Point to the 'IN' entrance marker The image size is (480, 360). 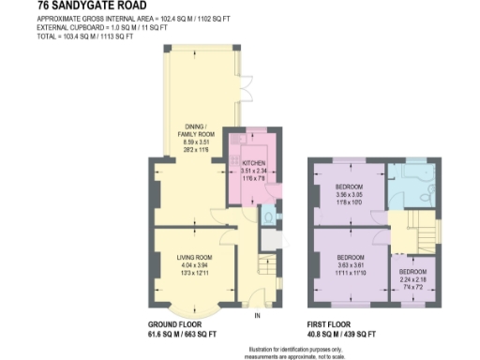(256, 316)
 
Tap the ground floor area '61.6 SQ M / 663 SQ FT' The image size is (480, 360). (182, 334)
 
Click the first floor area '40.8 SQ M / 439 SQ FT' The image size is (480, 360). (342, 334)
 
